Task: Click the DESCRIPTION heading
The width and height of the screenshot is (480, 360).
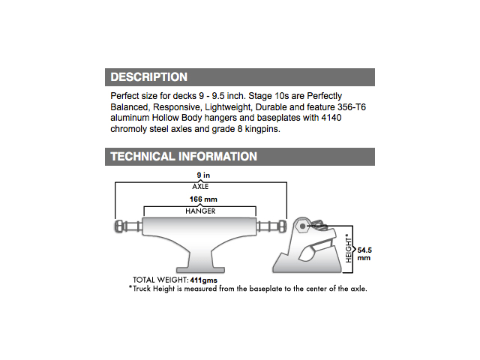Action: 148,77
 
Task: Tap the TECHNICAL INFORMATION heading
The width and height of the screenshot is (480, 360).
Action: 184,157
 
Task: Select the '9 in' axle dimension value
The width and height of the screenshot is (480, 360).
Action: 203,175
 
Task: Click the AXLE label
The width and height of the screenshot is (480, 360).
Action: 200,187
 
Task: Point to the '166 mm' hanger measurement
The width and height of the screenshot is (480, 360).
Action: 203,199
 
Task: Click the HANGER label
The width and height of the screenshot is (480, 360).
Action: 200,211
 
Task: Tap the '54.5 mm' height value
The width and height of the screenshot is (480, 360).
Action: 364,254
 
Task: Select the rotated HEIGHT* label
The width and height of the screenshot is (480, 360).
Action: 349,248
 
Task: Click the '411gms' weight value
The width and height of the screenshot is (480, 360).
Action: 203,280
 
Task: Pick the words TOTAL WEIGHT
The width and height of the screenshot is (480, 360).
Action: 160,280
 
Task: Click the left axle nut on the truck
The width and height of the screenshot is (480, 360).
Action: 118,226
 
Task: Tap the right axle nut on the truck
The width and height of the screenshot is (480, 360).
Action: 283,226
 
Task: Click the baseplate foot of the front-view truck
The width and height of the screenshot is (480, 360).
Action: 200,270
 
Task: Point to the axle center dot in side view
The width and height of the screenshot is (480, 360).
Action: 303,226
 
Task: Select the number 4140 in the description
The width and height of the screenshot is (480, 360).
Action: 331,118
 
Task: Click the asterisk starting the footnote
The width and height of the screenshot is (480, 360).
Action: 130,287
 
